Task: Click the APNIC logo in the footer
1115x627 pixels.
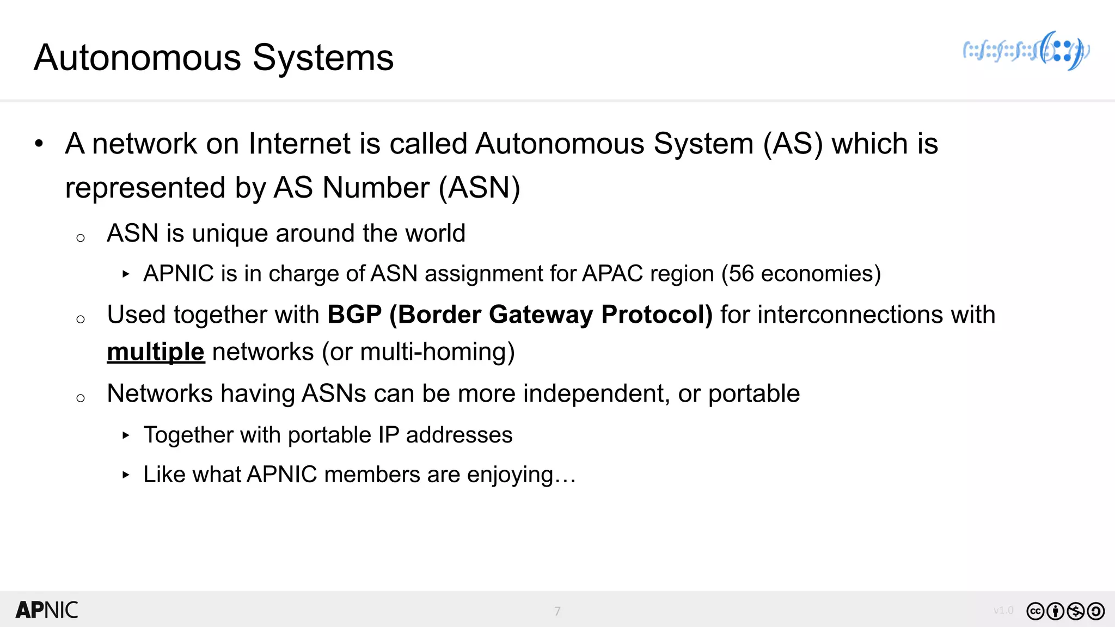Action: click(47, 610)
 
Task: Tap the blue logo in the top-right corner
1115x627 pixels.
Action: click(1026, 51)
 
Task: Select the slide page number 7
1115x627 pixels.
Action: click(557, 611)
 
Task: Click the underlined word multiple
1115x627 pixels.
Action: click(156, 352)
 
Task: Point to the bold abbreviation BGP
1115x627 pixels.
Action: click(354, 315)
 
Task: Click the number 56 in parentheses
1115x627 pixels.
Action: click(741, 274)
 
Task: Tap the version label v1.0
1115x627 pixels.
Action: click(1003, 611)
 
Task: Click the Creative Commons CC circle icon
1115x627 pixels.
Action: click(1035, 611)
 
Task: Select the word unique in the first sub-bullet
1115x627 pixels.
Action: click(230, 233)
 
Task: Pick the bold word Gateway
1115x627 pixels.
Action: click(541, 315)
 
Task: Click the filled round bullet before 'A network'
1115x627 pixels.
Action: click(39, 144)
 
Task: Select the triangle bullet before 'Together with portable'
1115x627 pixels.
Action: click(126, 435)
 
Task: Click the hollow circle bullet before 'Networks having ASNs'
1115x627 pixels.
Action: click(81, 398)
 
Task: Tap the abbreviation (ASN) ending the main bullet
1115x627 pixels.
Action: click(480, 188)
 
